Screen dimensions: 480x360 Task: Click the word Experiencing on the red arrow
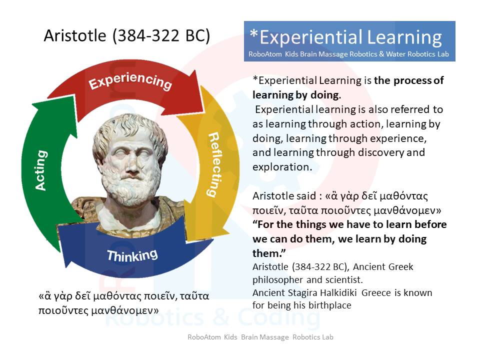[x=130, y=81]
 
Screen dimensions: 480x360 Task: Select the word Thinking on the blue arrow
[x=132, y=255]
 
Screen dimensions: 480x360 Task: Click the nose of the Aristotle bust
[x=132, y=166]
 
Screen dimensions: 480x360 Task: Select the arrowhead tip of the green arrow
[x=32, y=105]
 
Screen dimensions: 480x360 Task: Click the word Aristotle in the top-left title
[x=74, y=35]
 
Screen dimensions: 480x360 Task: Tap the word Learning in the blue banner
[x=404, y=37]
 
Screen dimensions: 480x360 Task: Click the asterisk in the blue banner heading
[x=254, y=33]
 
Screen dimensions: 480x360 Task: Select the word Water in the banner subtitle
[x=394, y=54]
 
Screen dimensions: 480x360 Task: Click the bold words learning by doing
[x=295, y=95]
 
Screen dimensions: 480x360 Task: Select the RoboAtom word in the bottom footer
[x=204, y=337]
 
